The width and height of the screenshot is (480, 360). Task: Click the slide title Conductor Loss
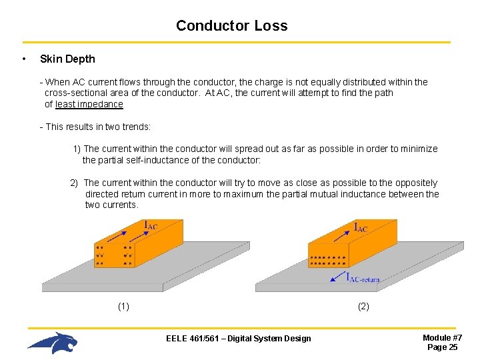(x=231, y=26)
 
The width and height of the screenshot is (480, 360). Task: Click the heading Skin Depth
(x=67, y=59)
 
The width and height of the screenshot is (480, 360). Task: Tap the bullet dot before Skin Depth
(x=24, y=59)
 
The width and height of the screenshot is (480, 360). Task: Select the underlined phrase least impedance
(x=89, y=104)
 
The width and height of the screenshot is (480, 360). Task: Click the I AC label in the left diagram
(x=151, y=225)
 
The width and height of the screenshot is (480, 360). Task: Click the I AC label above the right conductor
(x=360, y=227)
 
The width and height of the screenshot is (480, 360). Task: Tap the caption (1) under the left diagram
(x=123, y=307)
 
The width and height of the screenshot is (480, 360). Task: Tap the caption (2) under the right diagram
(x=363, y=307)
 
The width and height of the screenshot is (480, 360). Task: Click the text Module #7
(x=443, y=338)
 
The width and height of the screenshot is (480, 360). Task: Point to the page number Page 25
(x=443, y=347)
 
